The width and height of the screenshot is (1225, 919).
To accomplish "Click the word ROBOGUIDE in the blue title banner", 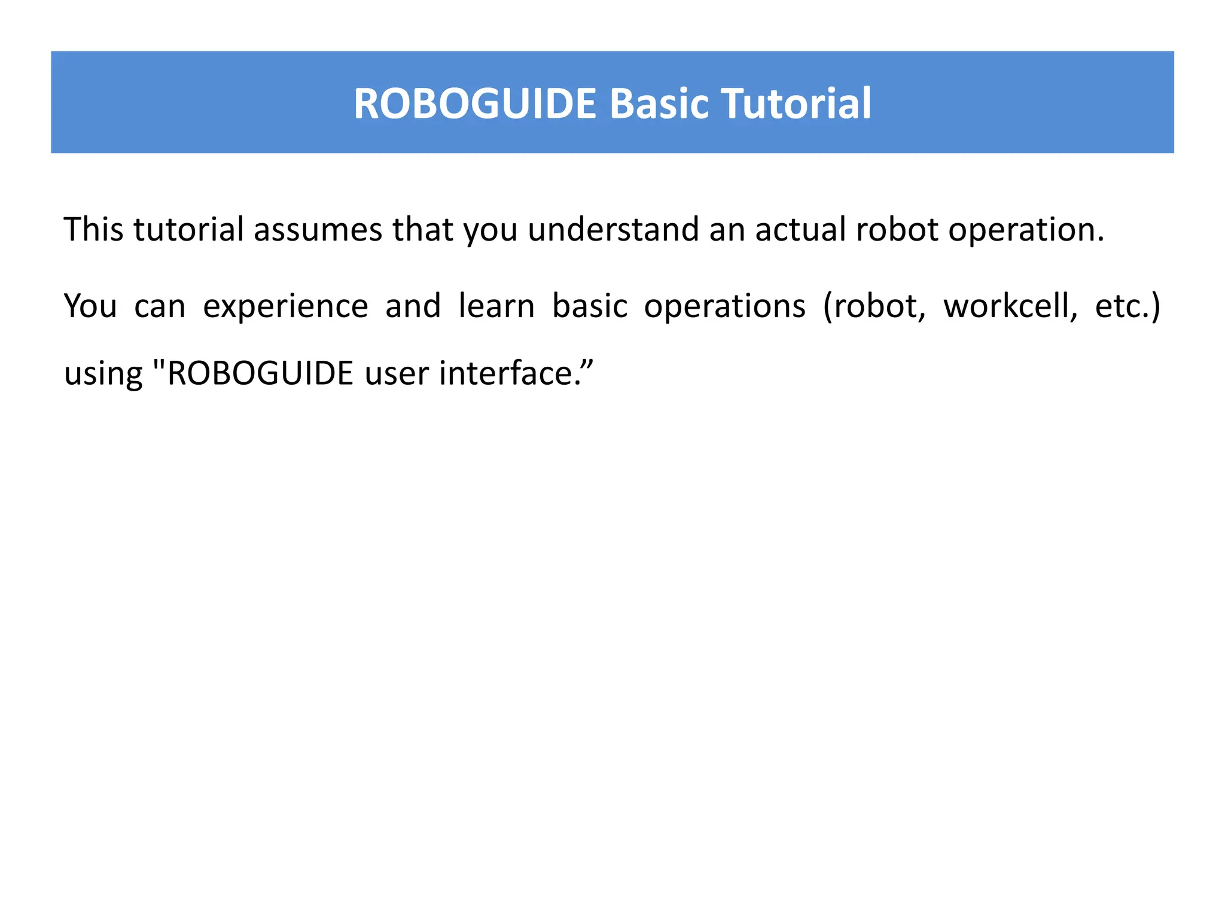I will click(475, 104).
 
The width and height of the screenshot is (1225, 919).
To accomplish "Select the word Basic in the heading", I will click(658, 104).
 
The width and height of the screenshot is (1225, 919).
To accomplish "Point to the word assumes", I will click(318, 229).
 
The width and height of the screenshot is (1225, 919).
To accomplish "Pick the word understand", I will click(613, 229).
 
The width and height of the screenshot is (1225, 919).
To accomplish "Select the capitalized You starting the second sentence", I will click(90, 306).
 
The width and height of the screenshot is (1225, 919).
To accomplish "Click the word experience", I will click(285, 307).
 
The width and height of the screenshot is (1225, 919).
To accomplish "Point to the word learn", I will click(496, 306).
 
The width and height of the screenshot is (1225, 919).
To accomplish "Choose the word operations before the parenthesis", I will click(724, 307).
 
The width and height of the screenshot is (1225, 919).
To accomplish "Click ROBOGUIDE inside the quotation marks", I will click(261, 373).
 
